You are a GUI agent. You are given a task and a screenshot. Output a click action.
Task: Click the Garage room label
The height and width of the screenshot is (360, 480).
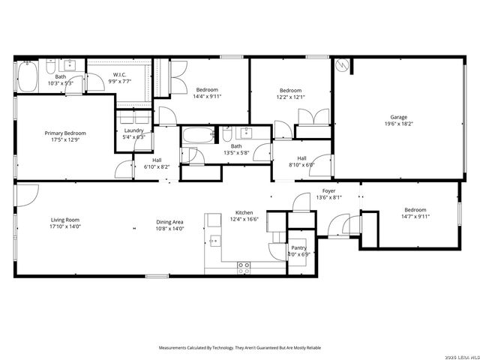[x=397, y=116]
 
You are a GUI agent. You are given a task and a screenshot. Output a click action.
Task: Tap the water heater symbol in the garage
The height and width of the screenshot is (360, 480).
[x=342, y=65]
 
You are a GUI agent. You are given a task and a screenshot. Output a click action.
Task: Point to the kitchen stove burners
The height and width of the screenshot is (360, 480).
[x=244, y=265]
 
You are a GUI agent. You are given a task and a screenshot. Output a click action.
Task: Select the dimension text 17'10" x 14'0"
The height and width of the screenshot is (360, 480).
[x=64, y=226]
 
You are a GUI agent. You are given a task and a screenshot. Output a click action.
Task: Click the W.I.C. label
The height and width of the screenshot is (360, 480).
[x=118, y=74]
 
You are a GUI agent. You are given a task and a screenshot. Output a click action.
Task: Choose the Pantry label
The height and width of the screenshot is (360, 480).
[x=298, y=247]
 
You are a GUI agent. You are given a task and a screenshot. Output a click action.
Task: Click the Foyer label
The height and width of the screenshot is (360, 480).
[x=328, y=191]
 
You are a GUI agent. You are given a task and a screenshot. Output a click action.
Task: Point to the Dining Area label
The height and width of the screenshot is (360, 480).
[x=169, y=221]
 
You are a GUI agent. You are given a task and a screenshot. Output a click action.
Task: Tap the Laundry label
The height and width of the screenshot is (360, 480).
[x=133, y=130]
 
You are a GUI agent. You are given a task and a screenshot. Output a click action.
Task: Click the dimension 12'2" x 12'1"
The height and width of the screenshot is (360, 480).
[x=290, y=97]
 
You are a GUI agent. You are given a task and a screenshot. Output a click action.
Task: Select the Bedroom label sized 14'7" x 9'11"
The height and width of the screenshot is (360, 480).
[x=415, y=210]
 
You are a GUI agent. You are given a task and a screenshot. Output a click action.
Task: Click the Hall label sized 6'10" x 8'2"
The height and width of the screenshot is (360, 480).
[x=157, y=160]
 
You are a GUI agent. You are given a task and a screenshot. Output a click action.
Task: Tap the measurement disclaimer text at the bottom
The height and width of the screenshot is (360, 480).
[x=239, y=348]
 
